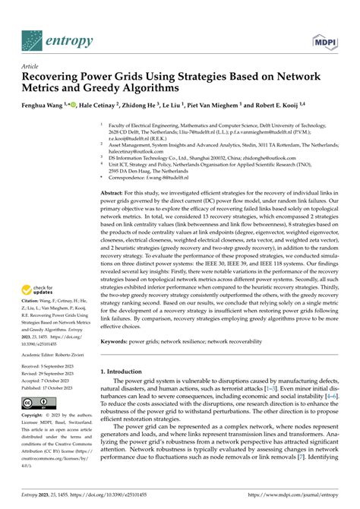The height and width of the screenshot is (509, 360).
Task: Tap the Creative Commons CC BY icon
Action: tap(38, 402)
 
